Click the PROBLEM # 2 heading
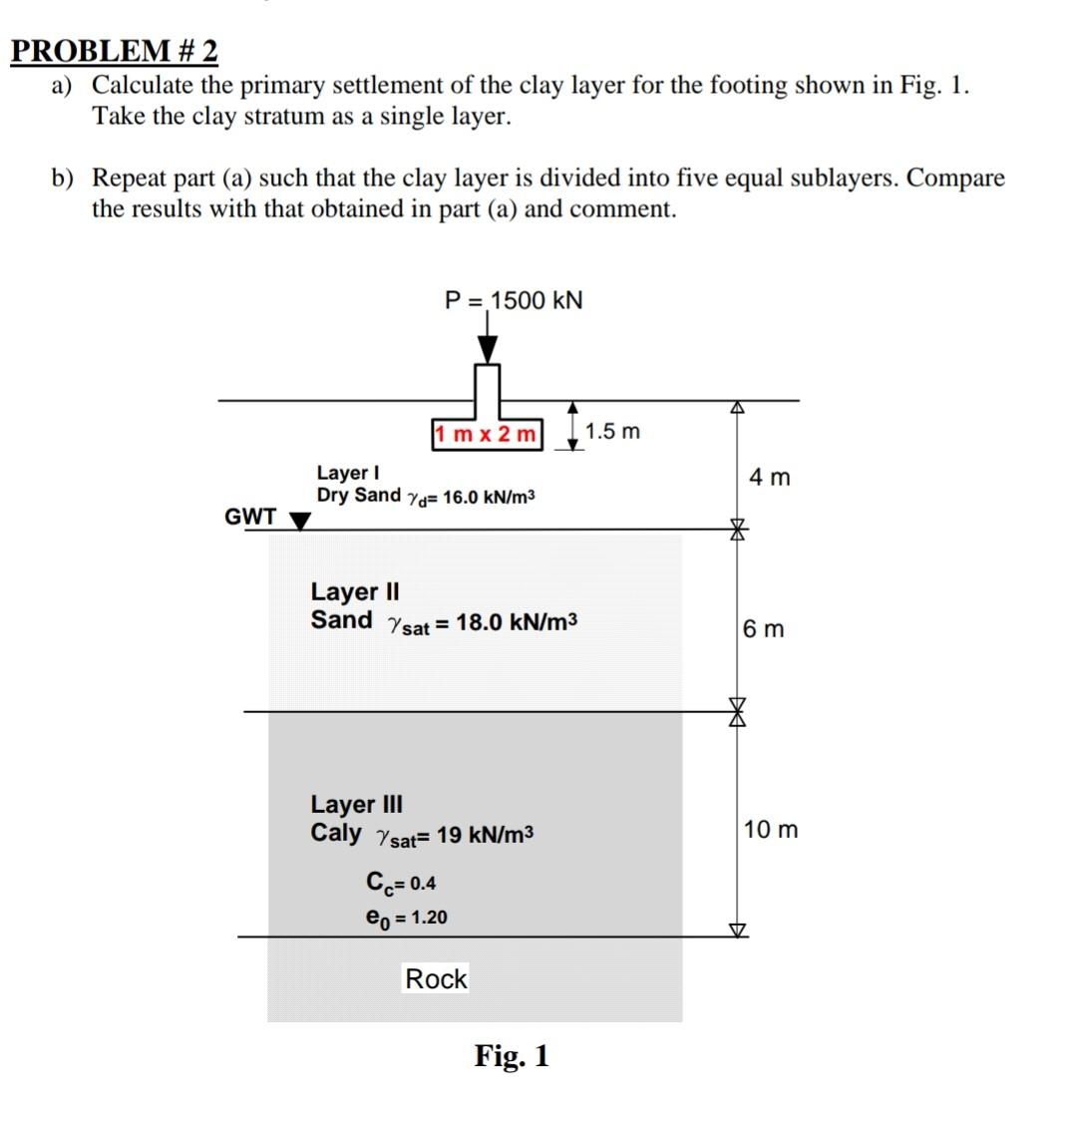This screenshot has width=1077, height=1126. click(114, 50)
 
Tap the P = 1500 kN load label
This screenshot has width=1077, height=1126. click(514, 300)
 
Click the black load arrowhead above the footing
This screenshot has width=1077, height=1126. click(487, 348)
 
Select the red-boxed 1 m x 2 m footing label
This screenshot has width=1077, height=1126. click(488, 435)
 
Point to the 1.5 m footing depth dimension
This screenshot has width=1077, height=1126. click(612, 432)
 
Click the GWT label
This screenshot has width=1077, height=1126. click(250, 517)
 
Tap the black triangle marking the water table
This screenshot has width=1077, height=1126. click(299, 521)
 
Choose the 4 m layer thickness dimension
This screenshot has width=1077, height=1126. click(769, 478)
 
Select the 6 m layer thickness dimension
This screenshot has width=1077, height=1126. click(764, 629)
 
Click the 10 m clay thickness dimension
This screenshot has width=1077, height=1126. click(770, 830)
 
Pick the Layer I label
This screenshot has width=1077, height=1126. click(347, 472)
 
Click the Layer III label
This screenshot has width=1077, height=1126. click(357, 804)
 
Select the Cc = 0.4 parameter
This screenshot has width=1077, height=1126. click(401, 883)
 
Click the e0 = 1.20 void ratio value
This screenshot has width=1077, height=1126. click(407, 917)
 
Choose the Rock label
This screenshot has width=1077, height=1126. click(436, 979)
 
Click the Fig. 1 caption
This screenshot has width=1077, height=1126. click(512, 1055)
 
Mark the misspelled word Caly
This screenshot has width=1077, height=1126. click(336, 833)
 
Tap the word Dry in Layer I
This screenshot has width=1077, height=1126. click(333, 496)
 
